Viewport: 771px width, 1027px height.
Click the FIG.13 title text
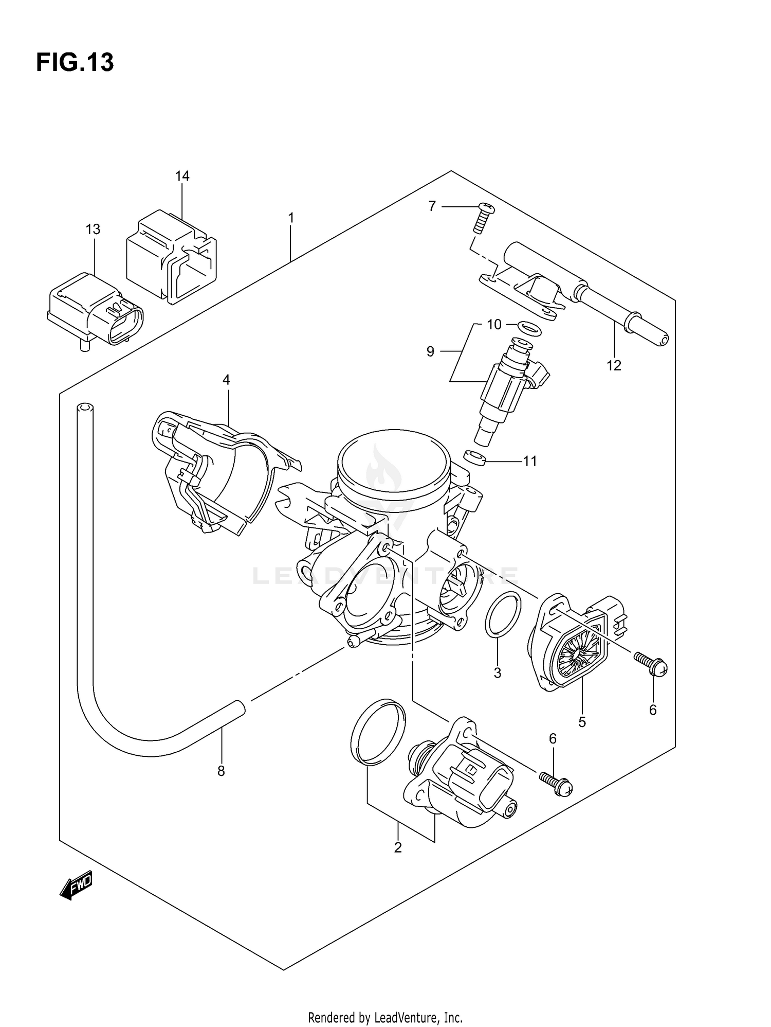tap(75, 63)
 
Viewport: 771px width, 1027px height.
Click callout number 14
tap(182, 176)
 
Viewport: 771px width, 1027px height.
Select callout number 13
tap(93, 229)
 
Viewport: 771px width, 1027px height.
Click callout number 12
tap(614, 365)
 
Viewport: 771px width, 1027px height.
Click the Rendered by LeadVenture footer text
tap(385, 1017)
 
